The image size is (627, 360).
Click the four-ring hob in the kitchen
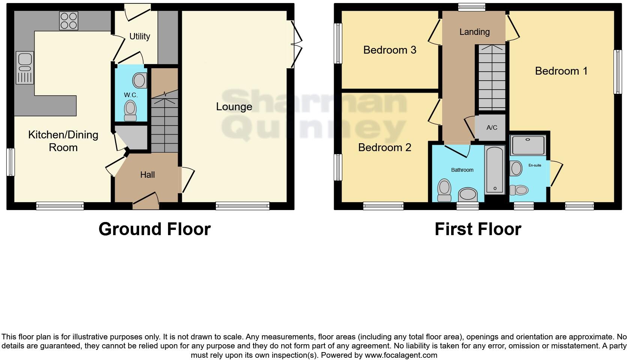69,20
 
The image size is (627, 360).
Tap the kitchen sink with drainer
25,68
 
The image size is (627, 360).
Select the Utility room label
139,36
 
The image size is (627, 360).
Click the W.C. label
131,95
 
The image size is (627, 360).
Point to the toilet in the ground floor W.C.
130,110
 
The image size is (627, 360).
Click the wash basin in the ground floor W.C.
139,80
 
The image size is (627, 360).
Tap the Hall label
147,175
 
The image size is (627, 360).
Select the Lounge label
234,107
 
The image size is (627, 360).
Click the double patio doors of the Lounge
296,45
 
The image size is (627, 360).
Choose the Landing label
474,32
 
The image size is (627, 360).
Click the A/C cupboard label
492,128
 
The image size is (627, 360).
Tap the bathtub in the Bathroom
495,169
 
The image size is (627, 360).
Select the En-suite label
535,165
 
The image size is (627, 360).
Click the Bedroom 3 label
390,50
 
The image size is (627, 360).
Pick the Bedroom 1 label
561,71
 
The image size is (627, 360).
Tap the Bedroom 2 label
385,147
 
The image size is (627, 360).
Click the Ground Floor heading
154,229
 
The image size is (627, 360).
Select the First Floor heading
478,229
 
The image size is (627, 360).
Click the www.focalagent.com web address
401,355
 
